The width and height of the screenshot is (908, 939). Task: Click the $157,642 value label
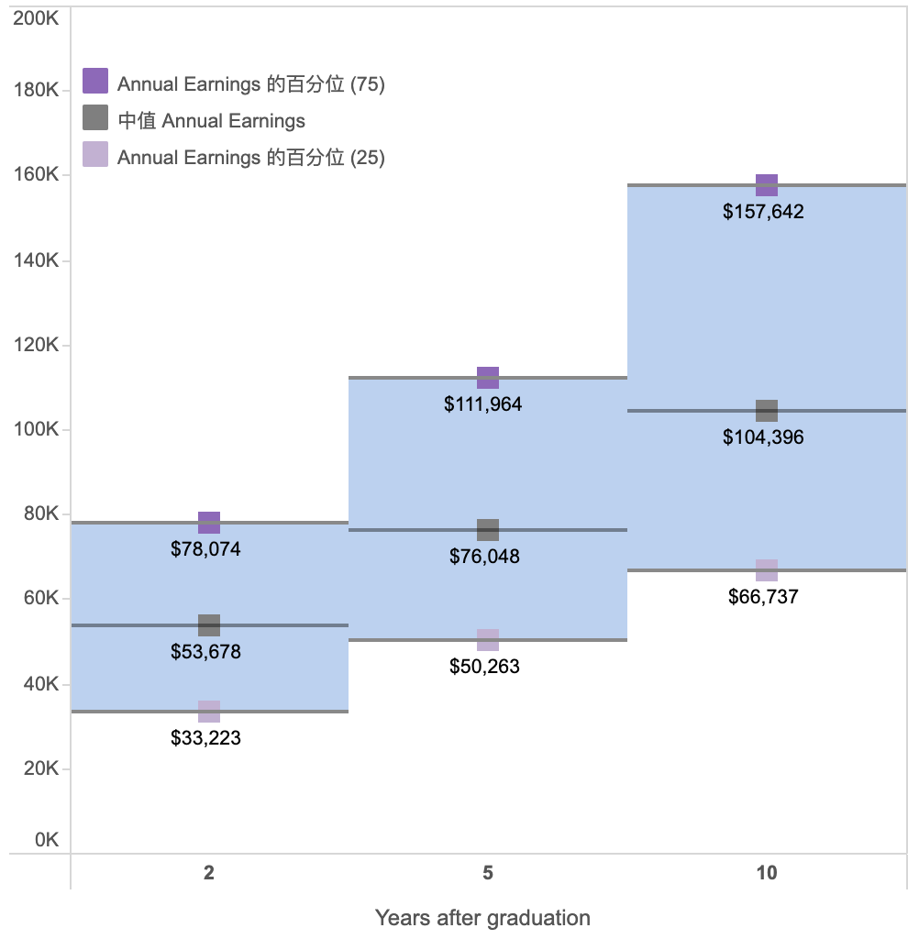point(763,212)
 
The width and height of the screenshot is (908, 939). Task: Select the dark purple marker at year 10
point(767,185)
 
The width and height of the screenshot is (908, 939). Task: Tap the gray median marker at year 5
point(488,530)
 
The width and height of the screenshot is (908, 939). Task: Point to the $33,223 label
point(205,737)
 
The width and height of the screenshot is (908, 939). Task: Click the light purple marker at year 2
point(209,712)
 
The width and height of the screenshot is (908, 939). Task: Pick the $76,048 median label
point(484,557)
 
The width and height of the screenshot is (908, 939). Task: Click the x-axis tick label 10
point(767,873)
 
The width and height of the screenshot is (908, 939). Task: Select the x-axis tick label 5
point(488,873)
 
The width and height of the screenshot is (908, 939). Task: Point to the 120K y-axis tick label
point(37,346)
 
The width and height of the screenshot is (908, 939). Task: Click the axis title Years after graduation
point(482,917)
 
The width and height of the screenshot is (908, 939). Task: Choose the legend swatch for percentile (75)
point(95,81)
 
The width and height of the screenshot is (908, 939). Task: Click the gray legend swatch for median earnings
point(95,117)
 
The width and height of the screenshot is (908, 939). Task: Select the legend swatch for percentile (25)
point(95,154)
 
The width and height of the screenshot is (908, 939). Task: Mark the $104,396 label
point(763,437)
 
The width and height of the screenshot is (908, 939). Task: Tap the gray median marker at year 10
point(767,411)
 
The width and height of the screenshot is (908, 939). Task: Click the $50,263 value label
point(484,667)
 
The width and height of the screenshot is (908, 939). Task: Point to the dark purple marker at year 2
point(209,523)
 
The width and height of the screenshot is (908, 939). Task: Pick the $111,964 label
point(482,404)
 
